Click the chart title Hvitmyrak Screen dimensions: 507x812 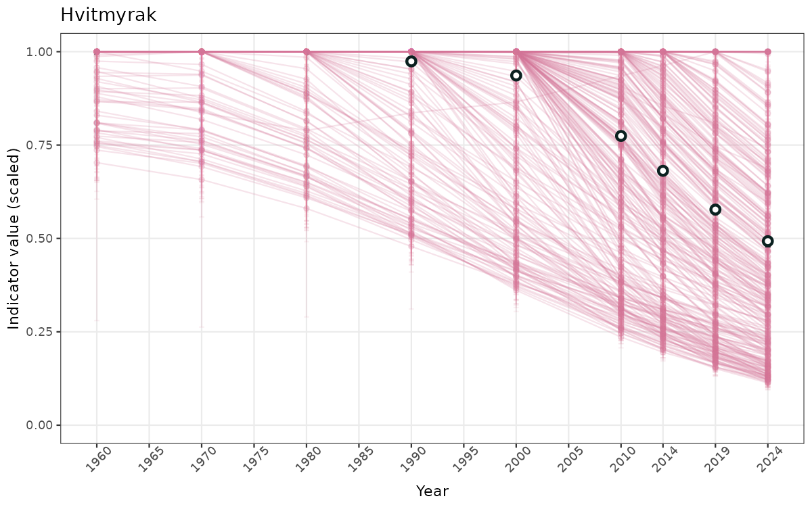(108, 16)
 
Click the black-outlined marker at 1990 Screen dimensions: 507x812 (411, 62)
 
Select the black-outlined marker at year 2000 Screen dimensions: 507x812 (516, 76)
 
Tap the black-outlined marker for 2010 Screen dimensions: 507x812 (621, 136)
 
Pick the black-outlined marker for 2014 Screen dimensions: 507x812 (663, 171)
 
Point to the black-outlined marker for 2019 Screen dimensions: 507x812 (715, 210)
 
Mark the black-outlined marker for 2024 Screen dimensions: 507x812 (767, 241)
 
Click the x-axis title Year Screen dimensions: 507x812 (432, 491)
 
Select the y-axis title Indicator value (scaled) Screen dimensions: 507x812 (14, 238)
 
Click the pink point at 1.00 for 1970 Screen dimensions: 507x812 (202, 52)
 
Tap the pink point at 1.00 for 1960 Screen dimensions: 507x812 (97, 52)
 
